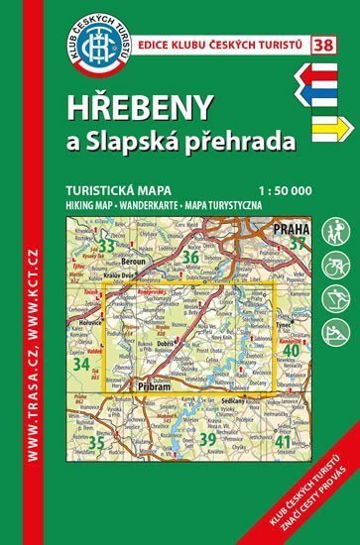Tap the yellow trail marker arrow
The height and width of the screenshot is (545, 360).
[328, 128]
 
